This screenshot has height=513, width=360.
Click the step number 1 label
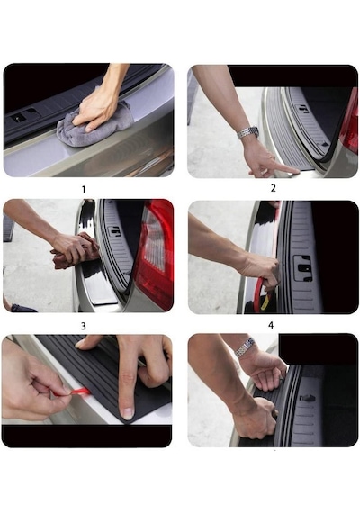pos(84,189)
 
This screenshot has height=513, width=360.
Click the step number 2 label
pos(274,188)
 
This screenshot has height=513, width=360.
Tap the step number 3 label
pos(84,326)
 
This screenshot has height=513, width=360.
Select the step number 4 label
pos(271,325)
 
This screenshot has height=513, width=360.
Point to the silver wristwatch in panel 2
pos(248,132)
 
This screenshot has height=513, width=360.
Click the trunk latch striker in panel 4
pos(302,268)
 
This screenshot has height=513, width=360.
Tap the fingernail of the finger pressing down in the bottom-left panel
pos(127,413)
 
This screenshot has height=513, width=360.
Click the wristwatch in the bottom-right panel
pos(245,347)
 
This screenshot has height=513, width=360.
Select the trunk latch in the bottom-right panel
pos(307,398)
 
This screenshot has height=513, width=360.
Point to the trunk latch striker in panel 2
pos(303,109)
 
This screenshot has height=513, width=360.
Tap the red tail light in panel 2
pos(349,121)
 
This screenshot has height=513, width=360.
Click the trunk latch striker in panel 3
pos(115,231)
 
